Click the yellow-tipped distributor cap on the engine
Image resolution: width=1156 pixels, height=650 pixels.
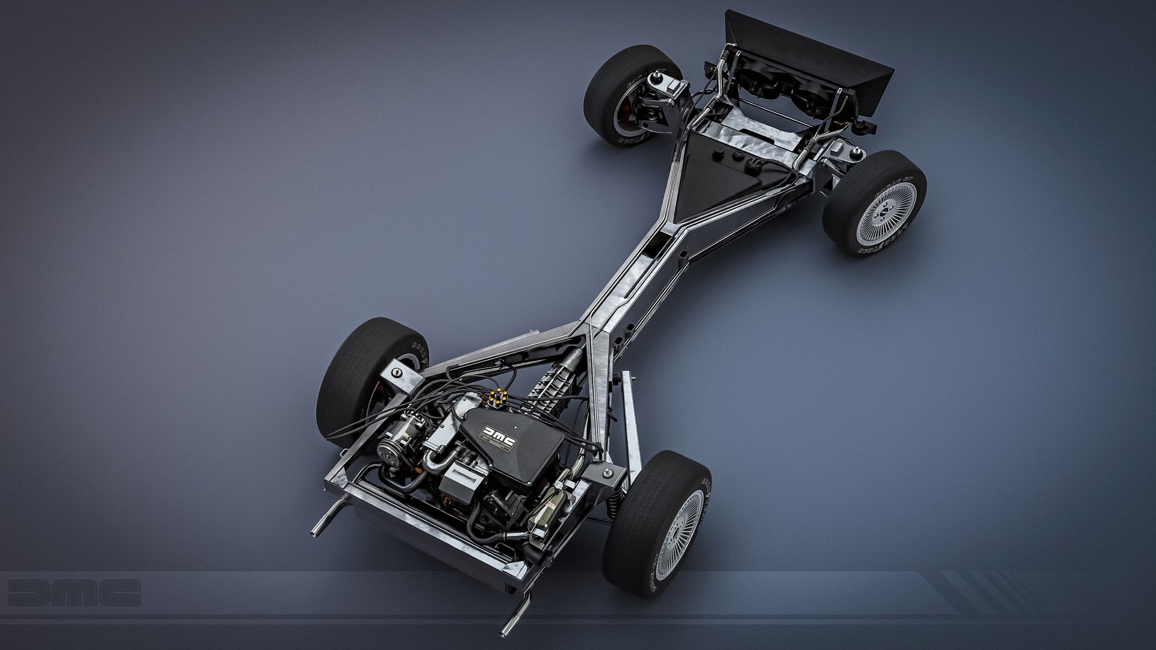click(x=497, y=396)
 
